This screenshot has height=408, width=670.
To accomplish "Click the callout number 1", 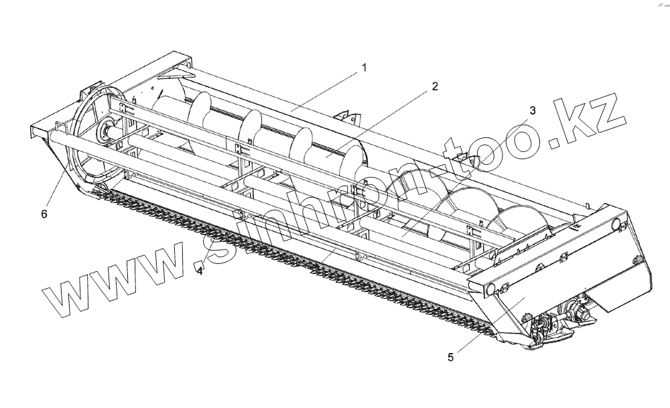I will (x=364, y=67).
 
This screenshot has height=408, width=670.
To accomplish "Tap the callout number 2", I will (x=435, y=86).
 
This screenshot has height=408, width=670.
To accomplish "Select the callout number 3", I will (x=533, y=111).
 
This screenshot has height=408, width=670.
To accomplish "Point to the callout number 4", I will (x=200, y=271).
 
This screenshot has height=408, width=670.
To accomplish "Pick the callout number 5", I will (x=451, y=357).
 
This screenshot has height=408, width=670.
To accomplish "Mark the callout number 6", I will (x=44, y=214).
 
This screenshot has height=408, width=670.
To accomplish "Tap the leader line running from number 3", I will (x=469, y=174).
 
